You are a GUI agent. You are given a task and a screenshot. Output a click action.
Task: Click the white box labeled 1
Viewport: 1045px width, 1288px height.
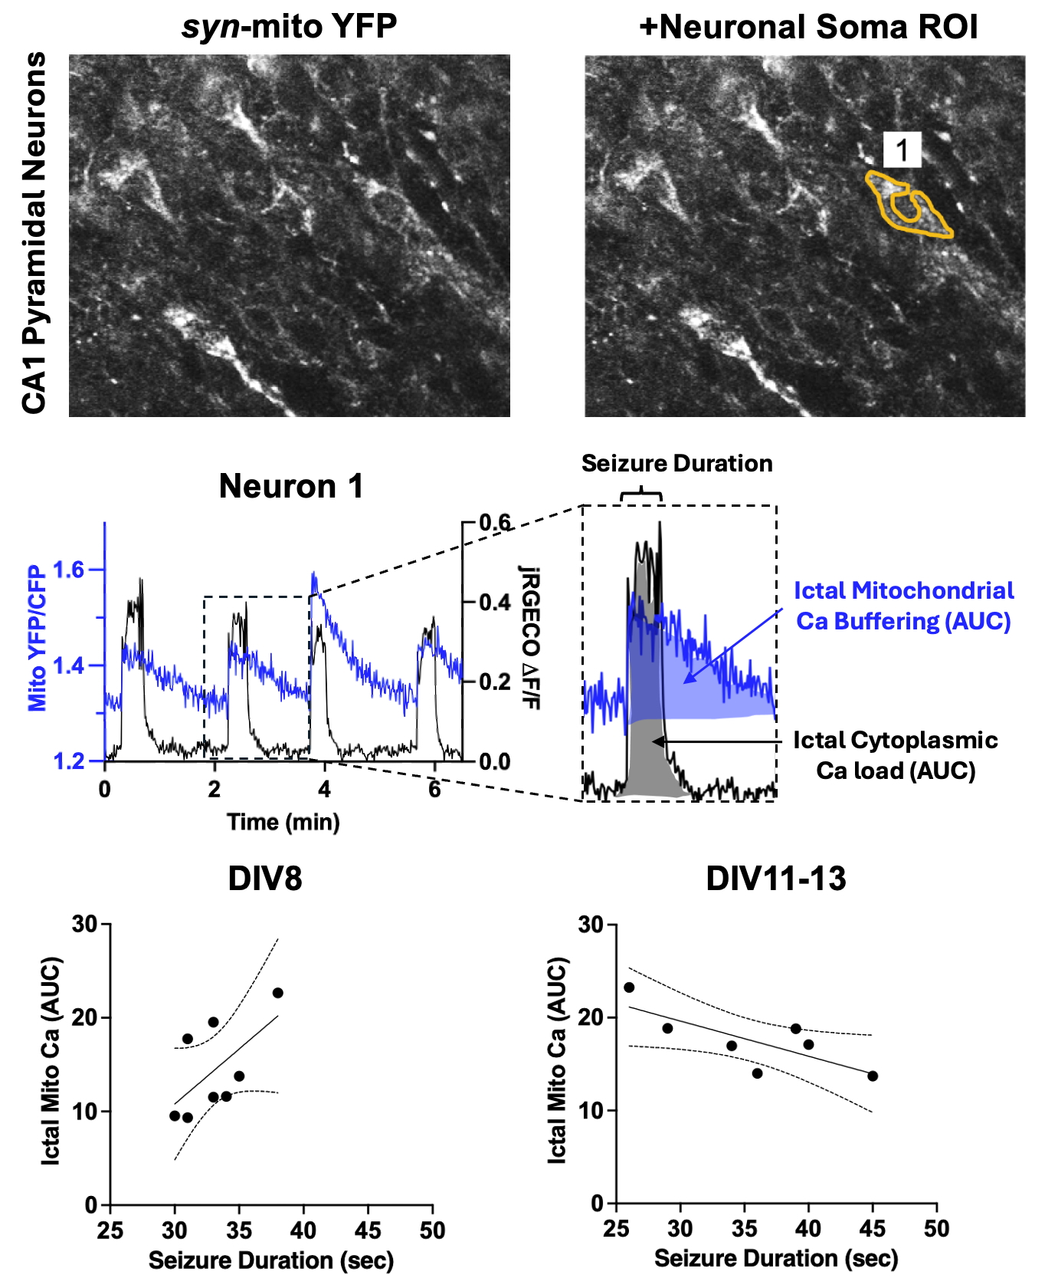tap(902, 149)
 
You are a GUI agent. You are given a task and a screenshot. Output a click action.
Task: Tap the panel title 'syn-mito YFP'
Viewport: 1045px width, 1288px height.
tap(289, 27)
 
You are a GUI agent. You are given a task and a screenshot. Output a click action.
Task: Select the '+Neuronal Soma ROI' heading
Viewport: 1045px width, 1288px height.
tap(808, 27)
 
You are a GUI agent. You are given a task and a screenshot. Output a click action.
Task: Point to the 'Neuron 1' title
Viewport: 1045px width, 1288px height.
tap(290, 486)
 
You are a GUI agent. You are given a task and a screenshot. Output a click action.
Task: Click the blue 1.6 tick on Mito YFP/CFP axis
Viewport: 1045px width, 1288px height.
tap(68, 570)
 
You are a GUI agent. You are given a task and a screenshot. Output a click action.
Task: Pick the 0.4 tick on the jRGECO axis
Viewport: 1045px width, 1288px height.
tap(495, 603)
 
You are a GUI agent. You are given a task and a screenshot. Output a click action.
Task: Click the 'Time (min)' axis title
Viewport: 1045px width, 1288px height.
tap(283, 822)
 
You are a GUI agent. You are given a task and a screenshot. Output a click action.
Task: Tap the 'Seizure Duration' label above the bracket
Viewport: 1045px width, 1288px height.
tap(676, 463)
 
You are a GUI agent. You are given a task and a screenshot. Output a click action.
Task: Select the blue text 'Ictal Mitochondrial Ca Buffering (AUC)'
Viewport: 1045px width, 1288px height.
tap(903, 606)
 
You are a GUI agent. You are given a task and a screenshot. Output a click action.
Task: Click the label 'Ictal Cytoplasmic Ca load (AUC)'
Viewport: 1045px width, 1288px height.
tap(895, 755)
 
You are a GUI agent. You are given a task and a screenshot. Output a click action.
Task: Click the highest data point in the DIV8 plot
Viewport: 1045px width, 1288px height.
tap(277, 993)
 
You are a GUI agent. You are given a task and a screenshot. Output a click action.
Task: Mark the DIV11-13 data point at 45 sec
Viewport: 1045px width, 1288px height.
tap(872, 1076)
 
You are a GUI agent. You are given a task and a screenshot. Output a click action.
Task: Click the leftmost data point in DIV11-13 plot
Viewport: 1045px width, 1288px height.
tap(629, 987)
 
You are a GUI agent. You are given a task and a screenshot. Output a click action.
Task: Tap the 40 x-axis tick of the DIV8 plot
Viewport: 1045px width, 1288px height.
tap(303, 1230)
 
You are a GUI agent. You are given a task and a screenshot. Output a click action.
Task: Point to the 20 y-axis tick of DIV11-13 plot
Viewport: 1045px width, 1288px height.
tap(591, 1017)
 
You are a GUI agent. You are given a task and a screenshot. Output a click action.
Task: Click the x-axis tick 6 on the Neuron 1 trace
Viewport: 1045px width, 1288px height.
tap(434, 789)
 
